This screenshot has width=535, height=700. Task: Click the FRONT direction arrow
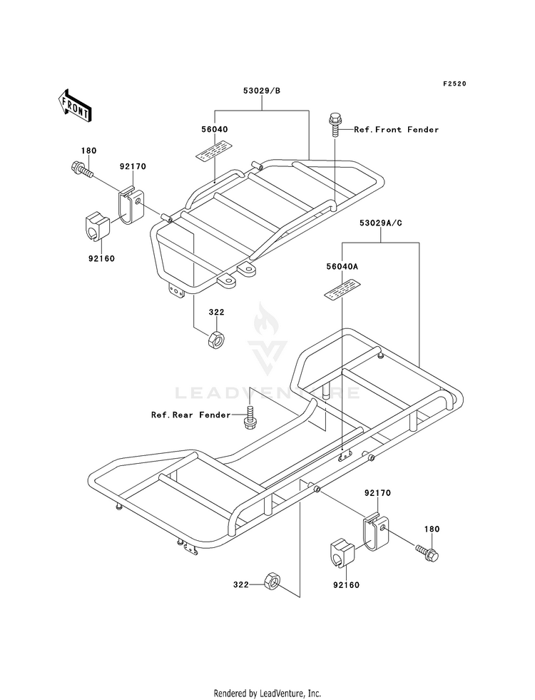click(74, 106)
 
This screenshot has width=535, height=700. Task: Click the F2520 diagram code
click(454, 83)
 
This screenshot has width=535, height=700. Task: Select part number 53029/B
click(262, 91)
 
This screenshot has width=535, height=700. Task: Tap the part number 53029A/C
click(381, 223)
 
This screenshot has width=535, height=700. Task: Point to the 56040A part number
click(342, 267)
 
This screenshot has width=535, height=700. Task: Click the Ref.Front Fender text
click(396, 129)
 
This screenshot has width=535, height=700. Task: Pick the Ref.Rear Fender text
click(191, 415)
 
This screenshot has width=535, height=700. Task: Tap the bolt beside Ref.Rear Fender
click(250, 417)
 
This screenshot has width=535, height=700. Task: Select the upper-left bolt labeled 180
click(81, 169)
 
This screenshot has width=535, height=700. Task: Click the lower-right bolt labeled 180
click(427, 552)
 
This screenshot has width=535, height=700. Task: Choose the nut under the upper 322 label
click(216, 339)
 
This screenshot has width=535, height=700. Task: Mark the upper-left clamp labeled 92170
click(131, 205)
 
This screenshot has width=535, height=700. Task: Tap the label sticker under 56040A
click(342, 289)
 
